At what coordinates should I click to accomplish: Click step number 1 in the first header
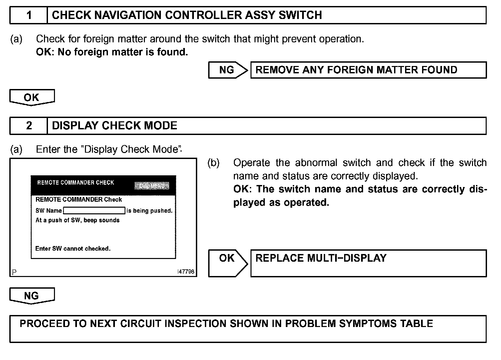click(29, 15)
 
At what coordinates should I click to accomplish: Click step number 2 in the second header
click(29, 126)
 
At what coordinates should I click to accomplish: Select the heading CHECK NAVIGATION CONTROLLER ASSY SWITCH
click(187, 15)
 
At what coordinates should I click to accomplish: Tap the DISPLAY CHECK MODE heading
click(115, 126)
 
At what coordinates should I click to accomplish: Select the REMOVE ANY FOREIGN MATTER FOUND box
click(368, 70)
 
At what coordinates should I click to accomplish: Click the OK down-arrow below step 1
click(32, 98)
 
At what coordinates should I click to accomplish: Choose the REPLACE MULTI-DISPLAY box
click(368, 263)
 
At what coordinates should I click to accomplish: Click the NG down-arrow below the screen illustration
click(32, 296)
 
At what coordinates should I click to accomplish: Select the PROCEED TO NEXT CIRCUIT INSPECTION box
click(248, 329)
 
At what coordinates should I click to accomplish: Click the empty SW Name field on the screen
click(94, 211)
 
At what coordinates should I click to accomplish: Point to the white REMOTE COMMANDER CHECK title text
click(76, 183)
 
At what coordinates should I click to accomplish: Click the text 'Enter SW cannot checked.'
click(73, 249)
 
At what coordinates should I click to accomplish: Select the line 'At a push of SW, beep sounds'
click(77, 220)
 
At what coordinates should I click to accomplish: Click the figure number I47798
click(186, 272)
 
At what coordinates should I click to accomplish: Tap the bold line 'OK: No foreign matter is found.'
click(112, 52)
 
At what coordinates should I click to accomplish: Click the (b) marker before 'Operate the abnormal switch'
click(214, 163)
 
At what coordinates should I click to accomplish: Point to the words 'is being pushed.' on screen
click(150, 211)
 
